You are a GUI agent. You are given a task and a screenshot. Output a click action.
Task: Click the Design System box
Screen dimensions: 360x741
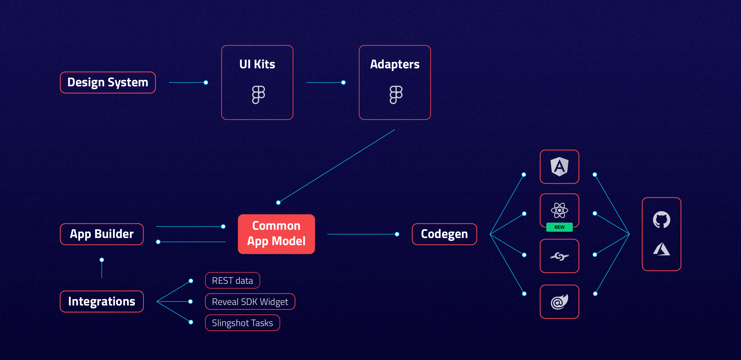(108, 83)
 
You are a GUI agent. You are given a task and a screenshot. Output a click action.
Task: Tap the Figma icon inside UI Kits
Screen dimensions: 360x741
(258, 94)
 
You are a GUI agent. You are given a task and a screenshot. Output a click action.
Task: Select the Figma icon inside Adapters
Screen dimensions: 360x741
(395, 94)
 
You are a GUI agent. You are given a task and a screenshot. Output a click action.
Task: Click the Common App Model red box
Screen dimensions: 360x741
(276, 234)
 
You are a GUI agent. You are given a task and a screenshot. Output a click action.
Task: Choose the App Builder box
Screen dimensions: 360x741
(102, 234)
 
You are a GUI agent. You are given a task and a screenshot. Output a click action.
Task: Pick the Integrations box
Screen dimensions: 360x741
(102, 301)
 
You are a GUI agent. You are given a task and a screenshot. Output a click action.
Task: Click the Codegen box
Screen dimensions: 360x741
(444, 234)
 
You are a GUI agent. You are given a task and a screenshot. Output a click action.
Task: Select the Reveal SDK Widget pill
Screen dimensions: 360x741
(250, 301)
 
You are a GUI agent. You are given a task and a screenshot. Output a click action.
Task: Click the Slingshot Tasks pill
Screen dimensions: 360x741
(242, 323)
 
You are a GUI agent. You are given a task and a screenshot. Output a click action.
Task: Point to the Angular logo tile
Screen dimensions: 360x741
(559, 166)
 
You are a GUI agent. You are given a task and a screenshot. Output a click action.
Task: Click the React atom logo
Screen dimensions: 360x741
(559, 210)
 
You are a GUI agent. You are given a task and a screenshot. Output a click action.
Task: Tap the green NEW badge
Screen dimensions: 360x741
(559, 227)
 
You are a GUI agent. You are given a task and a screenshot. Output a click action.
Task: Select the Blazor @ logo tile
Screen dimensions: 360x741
(559, 301)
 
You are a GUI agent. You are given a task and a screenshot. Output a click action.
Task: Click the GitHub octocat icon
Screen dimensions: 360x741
(661, 219)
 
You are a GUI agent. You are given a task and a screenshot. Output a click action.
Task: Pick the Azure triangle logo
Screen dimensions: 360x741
(661, 249)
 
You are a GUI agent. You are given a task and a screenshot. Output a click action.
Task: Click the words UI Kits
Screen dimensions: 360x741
(257, 64)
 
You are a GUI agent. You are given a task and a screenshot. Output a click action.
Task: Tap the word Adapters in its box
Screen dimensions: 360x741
(395, 64)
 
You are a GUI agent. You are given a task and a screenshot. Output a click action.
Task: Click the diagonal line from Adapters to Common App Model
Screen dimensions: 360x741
(337, 166)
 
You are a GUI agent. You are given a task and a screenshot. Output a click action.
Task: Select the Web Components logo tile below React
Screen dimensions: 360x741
(559, 256)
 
